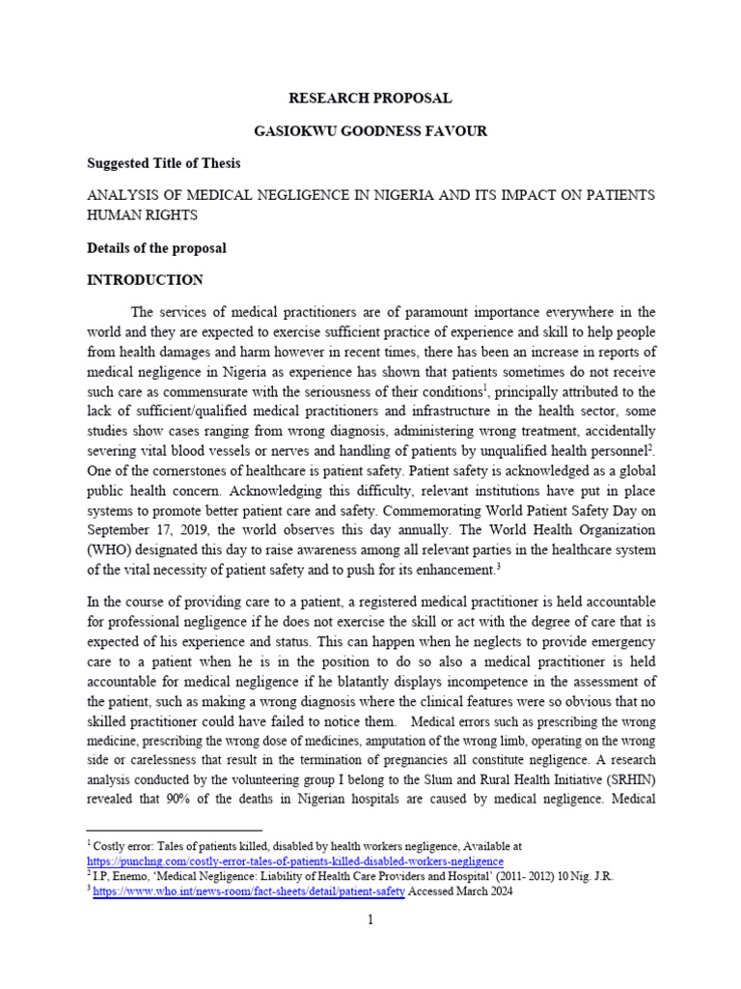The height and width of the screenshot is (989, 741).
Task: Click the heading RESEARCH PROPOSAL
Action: coord(370,98)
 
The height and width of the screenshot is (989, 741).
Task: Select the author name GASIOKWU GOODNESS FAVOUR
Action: coord(370,130)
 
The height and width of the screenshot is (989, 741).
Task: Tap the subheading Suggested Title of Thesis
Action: coord(163,162)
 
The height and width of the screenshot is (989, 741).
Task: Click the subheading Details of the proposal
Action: coord(156,248)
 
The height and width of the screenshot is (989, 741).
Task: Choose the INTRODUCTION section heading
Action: coord(145,280)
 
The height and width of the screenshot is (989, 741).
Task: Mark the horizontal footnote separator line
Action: coord(175,830)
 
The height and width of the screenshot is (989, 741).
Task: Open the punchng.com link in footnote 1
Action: coord(295,861)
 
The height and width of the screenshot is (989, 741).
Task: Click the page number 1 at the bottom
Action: coord(370,920)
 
